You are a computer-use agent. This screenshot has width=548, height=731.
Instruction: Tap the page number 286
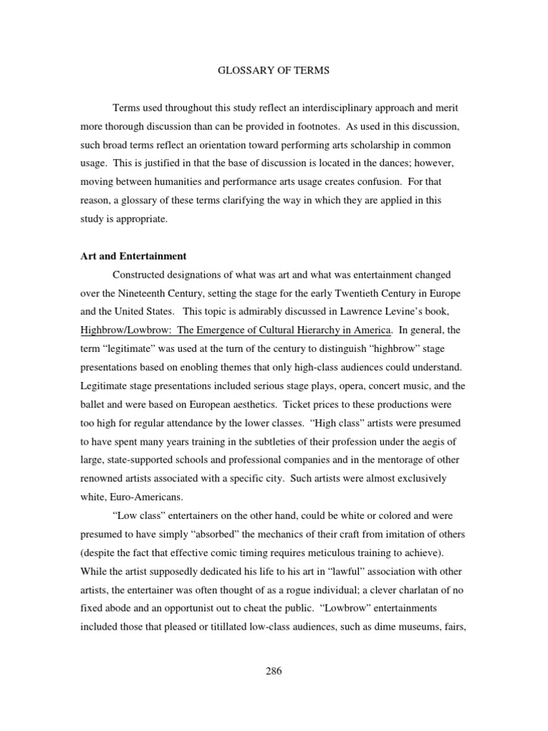click(274, 670)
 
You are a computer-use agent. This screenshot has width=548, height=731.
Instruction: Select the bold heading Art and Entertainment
click(133, 256)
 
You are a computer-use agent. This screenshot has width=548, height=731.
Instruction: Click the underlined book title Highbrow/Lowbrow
click(236, 330)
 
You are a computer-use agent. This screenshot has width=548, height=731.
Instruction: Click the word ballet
click(96, 404)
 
